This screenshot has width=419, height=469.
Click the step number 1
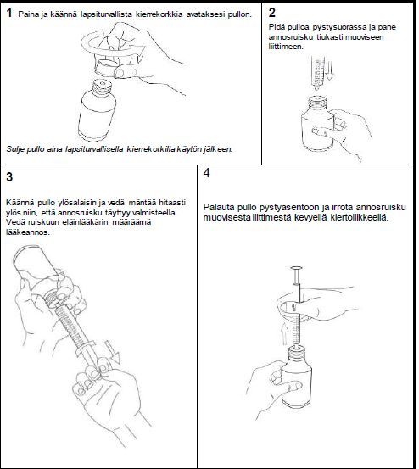pyautogui.click(x=9, y=13)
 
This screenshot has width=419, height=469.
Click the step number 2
pyautogui.click(x=271, y=12)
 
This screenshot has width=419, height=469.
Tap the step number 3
pyautogui.click(x=9, y=177)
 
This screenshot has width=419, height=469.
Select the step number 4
pyautogui.click(x=207, y=173)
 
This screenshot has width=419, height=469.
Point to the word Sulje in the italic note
pyautogui.click(x=15, y=149)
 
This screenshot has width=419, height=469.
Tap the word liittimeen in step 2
pyautogui.click(x=286, y=47)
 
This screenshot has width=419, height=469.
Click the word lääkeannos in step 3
pyautogui.click(x=27, y=232)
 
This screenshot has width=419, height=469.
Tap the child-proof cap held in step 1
pyautogui.click(x=107, y=68)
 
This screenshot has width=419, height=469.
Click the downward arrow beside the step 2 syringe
pyautogui.click(x=329, y=70)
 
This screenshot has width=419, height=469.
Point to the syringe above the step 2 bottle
pyautogui.click(x=317, y=72)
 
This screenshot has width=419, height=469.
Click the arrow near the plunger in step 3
pyautogui.click(x=113, y=351)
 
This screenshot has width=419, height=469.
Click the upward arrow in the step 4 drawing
pyautogui.click(x=285, y=334)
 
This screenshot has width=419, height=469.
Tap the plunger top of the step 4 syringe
pyautogui.click(x=296, y=268)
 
